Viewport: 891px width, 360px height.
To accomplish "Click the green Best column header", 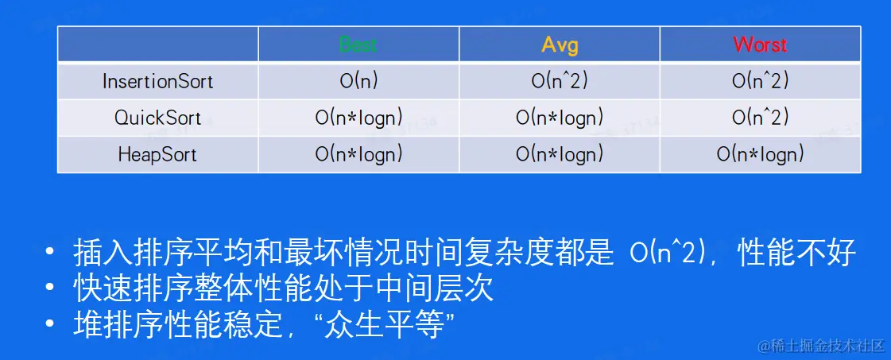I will coord(358,45).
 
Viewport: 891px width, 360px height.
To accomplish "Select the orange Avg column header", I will coord(560,45).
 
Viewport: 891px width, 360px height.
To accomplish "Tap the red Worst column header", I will coord(760,45).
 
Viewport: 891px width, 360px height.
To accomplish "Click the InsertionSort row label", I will coord(158,81).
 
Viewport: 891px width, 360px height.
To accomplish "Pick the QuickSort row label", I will coord(158,118).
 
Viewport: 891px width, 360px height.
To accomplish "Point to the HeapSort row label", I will coord(158,154).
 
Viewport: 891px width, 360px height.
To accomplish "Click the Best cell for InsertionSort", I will coord(358,81).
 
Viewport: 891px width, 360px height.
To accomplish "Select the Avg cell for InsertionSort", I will coord(560,81).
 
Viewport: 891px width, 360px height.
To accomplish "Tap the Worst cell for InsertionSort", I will coord(760,81).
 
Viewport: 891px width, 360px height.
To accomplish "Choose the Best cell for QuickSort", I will coord(358,118).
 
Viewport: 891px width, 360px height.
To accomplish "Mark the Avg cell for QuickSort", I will coord(560,118).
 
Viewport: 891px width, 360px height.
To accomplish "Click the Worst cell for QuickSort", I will coord(760,118).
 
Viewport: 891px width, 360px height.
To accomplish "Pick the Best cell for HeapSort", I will coord(358,154).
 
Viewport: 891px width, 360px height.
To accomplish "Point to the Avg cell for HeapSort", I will coord(560,154).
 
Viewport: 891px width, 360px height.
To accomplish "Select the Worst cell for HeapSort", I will coord(760,154).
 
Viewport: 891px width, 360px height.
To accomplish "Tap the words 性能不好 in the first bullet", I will coord(796,254).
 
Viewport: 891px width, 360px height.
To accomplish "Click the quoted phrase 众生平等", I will coord(389,325).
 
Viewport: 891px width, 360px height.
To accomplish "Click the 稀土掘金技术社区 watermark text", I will coord(827,346).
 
